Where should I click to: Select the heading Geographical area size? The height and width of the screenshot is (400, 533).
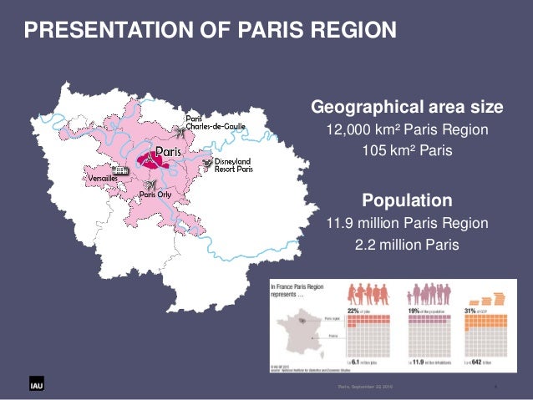pyautogui.click(x=407, y=108)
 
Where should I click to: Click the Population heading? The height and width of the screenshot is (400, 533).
pyautogui.click(x=407, y=200)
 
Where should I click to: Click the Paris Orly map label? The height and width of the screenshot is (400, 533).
pyautogui.click(x=155, y=195)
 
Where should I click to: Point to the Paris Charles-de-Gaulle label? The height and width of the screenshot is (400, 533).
pyautogui.click(x=216, y=121)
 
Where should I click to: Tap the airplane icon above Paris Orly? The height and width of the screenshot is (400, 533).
pyautogui.click(x=151, y=184)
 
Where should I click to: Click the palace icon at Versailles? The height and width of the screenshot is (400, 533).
pyautogui.click(x=120, y=170)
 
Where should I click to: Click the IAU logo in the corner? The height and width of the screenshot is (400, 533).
pyautogui.click(x=28, y=385)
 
